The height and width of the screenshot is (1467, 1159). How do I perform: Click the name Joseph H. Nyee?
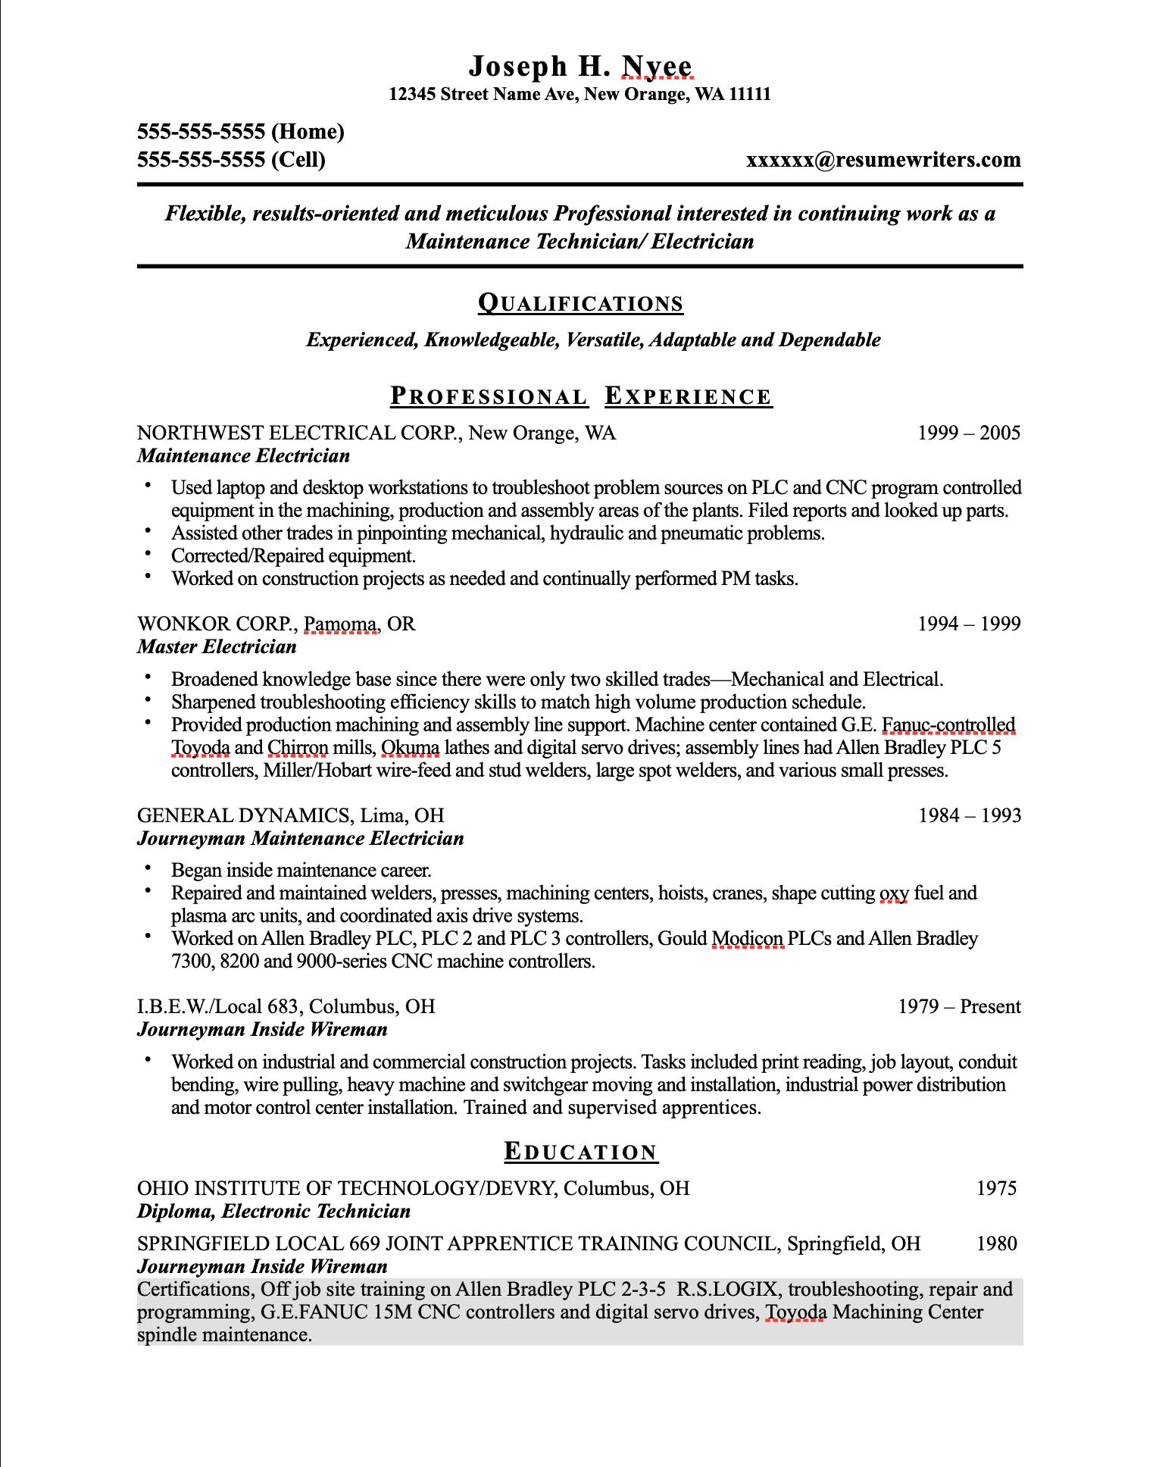coord(579,67)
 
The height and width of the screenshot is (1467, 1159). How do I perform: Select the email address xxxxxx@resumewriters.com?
coord(883,160)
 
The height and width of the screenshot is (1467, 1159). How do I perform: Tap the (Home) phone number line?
coord(240,132)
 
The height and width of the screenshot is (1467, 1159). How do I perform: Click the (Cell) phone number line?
coord(231,160)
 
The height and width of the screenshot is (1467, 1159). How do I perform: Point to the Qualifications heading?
coord(580,304)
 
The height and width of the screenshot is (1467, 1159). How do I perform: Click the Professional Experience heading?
coord(581,396)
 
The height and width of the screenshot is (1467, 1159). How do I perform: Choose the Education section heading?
coord(581,1152)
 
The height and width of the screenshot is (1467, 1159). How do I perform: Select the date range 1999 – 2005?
coord(969,433)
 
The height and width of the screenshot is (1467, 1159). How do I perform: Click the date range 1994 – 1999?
coord(969,624)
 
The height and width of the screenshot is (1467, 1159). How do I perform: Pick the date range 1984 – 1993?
coord(970,816)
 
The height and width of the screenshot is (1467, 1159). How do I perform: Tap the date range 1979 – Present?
coord(959,1007)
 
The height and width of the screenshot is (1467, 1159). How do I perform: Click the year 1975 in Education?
coord(996,1188)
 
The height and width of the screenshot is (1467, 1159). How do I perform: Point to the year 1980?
coord(996,1243)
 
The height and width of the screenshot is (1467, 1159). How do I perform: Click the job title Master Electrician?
coord(217,647)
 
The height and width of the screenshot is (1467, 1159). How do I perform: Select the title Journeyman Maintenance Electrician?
coord(300,839)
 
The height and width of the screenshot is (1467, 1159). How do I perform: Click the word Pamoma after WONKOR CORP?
coord(340,624)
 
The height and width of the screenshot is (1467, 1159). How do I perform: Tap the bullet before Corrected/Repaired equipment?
coord(148,555)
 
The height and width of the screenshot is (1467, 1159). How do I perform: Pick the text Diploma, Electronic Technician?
coord(273,1212)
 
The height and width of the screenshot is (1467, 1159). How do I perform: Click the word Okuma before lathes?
coord(410,748)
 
